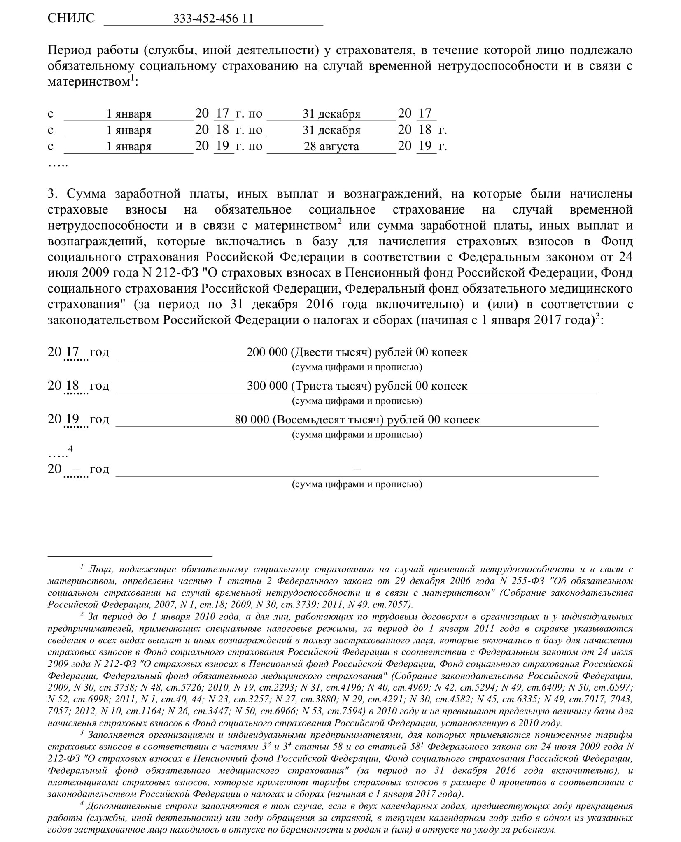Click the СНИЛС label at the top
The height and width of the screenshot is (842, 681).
pos(71,18)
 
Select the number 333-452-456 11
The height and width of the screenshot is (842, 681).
pos(213,19)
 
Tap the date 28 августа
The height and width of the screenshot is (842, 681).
pos(331,147)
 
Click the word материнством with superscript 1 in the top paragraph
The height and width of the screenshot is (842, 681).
pos(89,82)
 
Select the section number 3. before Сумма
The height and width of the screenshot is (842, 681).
pos(54,194)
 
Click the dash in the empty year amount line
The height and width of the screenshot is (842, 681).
pos(357,469)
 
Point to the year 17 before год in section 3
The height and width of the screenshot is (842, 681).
pos(72,352)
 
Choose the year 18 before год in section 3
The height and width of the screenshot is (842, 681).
pos(72,386)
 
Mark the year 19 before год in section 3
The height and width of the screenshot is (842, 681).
pos(72,420)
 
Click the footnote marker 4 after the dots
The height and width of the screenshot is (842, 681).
pos(70,449)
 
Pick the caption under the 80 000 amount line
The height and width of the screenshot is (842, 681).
pos(357,435)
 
